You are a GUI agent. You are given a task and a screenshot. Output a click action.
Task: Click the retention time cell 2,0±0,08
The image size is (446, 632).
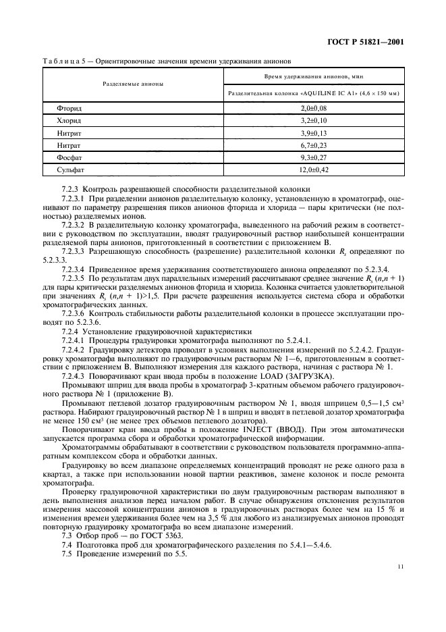[x=313, y=108]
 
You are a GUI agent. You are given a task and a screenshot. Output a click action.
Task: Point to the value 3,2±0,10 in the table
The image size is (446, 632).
[x=313, y=120]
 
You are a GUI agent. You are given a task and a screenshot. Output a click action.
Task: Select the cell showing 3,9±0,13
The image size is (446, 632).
[x=313, y=133]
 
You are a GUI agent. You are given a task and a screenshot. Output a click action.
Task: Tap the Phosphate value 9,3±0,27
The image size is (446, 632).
[x=313, y=158]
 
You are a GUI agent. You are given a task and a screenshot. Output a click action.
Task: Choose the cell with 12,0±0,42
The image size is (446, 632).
[x=313, y=171]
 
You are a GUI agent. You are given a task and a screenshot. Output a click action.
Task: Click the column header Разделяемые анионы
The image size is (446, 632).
[x=132, y=84]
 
